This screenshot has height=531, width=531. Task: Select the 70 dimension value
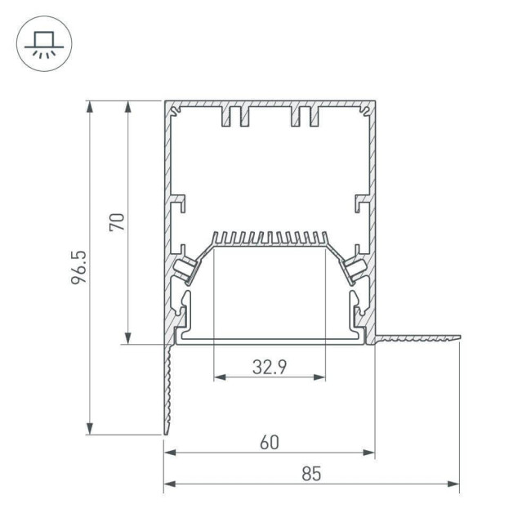pyautogui.click(x=116, y=221)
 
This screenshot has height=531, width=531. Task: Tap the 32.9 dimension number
pyautogui.click(x=269, y=367)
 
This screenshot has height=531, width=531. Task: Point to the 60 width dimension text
pyautogui.click(x=270, y=442)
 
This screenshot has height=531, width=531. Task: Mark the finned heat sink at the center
pyautogui.click(x=270, y=239)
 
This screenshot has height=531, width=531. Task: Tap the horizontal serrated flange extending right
pyautogui.click(x=418, y=336)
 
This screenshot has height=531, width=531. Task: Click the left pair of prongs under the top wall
pyautogui.click(x=234, y=117)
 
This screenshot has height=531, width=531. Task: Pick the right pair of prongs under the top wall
pyautogui.click(x=304, y=117)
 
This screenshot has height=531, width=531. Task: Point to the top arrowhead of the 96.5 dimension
pyautogui.click(x=89, y=105)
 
